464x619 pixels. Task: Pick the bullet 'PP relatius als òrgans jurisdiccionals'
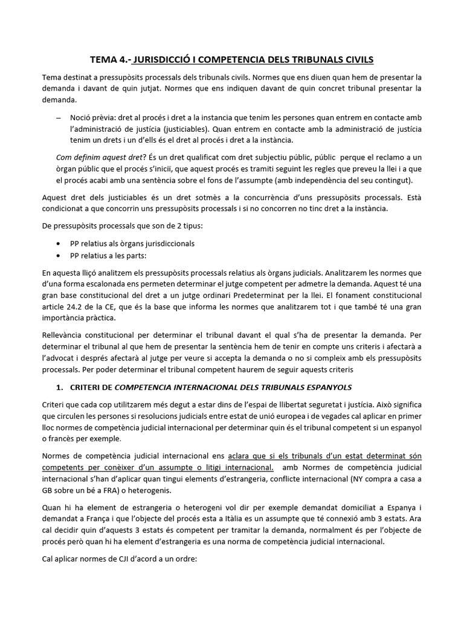(132, 244)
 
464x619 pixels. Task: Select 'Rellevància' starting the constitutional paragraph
(63, 334)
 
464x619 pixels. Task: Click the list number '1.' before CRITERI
(60, 386)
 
